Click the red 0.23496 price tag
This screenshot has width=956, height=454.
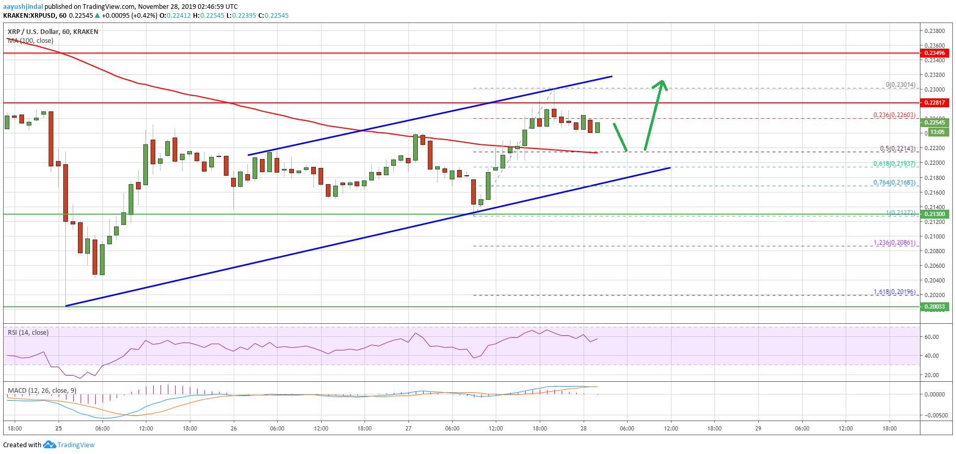934,53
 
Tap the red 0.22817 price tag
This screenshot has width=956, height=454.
934,103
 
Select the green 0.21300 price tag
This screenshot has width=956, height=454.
934,214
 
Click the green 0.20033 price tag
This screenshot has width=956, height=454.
934,307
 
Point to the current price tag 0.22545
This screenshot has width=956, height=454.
934,122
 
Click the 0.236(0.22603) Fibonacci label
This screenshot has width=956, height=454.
894,115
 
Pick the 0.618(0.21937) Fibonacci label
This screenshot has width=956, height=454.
894,164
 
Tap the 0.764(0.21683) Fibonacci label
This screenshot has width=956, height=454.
894,183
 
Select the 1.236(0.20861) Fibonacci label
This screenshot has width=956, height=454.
894,243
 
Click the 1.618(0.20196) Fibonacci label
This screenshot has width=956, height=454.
894,292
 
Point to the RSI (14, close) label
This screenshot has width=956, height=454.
28,333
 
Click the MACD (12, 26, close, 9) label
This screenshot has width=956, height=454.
42,391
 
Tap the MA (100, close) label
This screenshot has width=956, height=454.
30,41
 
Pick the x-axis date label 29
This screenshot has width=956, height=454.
758,428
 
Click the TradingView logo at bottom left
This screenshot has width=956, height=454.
70,445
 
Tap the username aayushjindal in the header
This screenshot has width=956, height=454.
23,7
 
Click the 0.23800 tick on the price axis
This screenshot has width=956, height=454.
935,31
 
